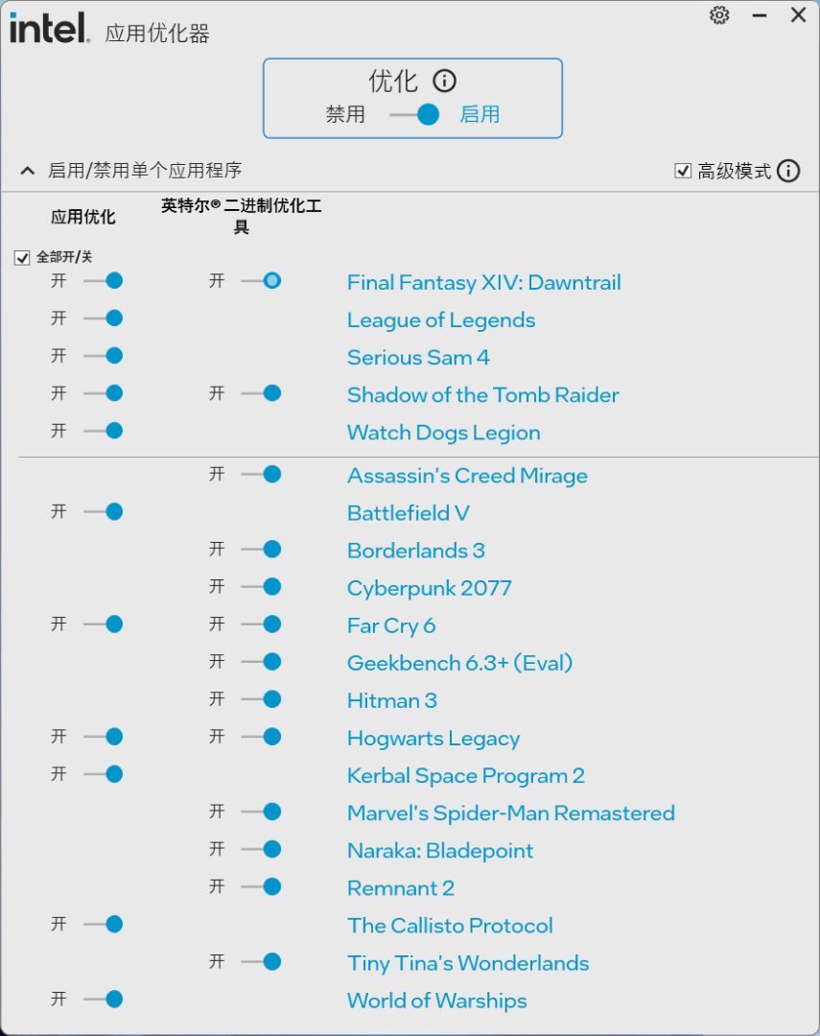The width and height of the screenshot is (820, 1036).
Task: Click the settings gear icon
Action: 719,15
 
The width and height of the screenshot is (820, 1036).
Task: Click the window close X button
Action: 798,15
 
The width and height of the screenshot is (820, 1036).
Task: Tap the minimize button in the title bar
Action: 760,16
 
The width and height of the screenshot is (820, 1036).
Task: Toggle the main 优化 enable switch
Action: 414,115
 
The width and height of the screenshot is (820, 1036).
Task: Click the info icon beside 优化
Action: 444,81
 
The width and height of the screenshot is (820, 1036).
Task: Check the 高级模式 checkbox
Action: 683,171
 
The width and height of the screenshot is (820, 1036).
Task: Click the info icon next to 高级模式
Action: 788,171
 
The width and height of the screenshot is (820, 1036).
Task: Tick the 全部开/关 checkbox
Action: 22,258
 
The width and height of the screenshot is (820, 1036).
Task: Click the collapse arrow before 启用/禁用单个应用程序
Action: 27,171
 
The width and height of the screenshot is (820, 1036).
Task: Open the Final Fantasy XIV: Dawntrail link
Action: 483,283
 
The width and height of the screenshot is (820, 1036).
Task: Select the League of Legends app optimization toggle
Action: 104,318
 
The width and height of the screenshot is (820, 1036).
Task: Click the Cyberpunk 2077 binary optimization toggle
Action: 261,587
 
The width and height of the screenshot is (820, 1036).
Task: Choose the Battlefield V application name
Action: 408,513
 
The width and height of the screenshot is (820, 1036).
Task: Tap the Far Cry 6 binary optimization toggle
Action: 261,624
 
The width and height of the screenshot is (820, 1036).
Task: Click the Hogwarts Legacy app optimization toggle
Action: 104,737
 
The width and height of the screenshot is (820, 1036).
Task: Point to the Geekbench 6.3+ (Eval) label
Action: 459,663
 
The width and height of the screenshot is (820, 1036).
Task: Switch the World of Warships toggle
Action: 104,1000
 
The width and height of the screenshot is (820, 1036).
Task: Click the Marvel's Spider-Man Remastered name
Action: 510,813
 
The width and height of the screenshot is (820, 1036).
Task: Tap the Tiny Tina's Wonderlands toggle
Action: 261,961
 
